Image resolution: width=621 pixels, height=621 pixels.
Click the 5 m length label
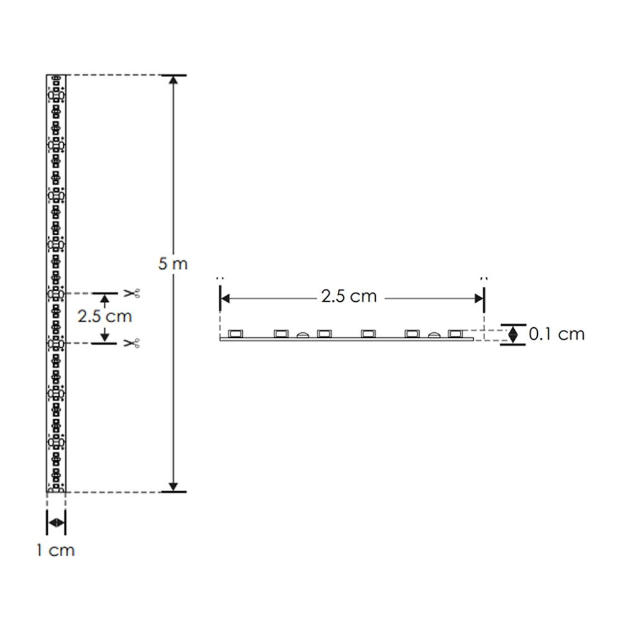pos(173,263)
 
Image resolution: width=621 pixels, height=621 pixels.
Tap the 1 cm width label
pos(55,550)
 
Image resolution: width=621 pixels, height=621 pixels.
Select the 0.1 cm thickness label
pos(556,334)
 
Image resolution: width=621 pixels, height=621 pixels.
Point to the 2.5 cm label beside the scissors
pos(104,316)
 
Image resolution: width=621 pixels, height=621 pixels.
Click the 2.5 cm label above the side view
pos(349,296)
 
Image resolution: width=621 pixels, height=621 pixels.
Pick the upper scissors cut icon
pos(131,292)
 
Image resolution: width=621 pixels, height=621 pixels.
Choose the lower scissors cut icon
pos(131,343)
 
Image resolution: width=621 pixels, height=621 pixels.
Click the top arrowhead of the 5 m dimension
pos(174,83)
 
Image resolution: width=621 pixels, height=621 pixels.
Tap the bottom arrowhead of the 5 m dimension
pos(174,484)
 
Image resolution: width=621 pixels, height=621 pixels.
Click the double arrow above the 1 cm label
pos(56,523)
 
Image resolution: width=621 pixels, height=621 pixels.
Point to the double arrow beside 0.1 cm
pos(514,335)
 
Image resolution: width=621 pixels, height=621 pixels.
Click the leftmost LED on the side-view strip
pos(235,334)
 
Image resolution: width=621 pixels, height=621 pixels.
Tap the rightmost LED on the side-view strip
pos(456,334)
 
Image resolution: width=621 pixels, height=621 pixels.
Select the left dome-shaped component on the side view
pos(302,335)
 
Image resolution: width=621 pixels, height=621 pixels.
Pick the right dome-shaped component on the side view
pos(433,335)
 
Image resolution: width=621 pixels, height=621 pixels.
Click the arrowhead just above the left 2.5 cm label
pos(104,299)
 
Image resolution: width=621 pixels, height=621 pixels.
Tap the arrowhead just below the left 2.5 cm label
pos(104,336)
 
